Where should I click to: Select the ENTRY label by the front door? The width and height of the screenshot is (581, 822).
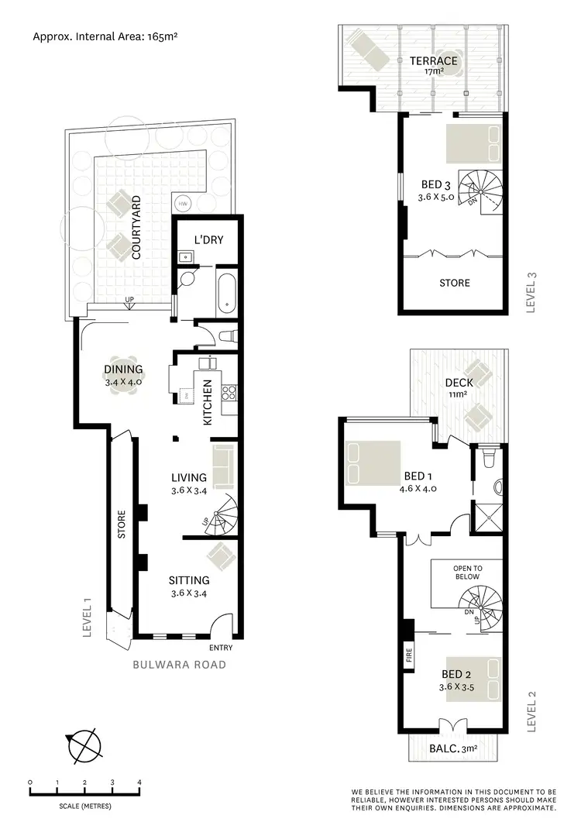coord(221,648)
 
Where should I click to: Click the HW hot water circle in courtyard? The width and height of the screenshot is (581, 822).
coord(184,204)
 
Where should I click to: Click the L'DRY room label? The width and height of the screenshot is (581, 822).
coord(208,240)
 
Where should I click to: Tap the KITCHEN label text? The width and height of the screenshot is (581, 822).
coord(208,403)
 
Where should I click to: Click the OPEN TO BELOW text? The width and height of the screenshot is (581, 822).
coord(466,572)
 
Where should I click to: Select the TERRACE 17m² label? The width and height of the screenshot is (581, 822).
coord(433,65)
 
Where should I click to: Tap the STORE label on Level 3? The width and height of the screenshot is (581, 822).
coord(454,283)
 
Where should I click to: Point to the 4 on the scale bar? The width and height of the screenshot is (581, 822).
coord(139,782)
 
